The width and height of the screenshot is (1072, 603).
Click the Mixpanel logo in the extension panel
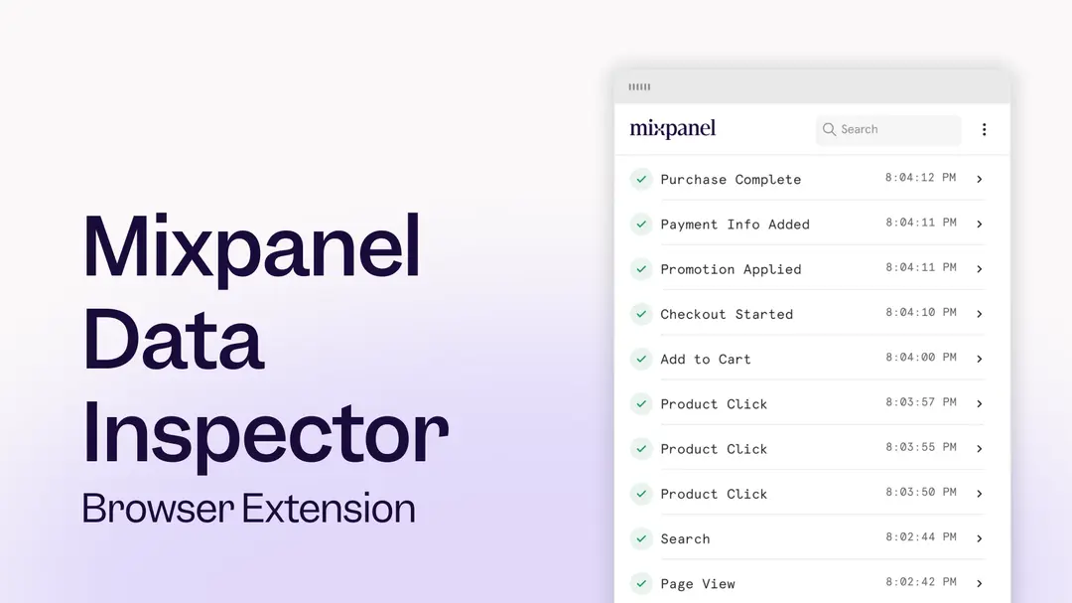click(x=672, y=129)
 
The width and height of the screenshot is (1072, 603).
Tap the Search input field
click(x=888, y=129)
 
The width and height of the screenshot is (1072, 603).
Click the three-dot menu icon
click(x=984, y=129)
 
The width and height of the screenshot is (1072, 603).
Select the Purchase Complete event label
click(x=731, y=180)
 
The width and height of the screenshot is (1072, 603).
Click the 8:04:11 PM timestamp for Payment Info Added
click(x=921, y=224)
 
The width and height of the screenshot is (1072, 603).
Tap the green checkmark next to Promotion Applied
click(x=641, y=269)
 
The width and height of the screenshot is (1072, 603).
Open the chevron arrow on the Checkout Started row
click(x=979, y=314)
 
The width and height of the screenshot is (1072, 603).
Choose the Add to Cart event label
click(x=706, y=360)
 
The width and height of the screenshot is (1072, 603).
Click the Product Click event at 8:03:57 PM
click(x=714, y=404)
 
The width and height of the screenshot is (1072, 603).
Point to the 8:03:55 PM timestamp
click(x=921, y=448)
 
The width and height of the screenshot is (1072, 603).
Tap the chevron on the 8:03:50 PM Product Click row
click(x=979, y=494)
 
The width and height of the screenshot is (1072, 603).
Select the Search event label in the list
click(x=685, y=539)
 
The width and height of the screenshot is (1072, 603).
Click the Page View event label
click(x=698, y=584)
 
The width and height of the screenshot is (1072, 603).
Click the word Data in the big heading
click(x=173, y=338)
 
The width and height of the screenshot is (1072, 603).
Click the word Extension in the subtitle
click(x=330, y=509)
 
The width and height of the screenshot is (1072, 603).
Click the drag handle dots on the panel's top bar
click(x=639, y=87)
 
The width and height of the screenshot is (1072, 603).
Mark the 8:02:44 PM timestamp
click(x=921, y=537)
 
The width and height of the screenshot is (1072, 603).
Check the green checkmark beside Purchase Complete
click(x=641, y=179)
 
